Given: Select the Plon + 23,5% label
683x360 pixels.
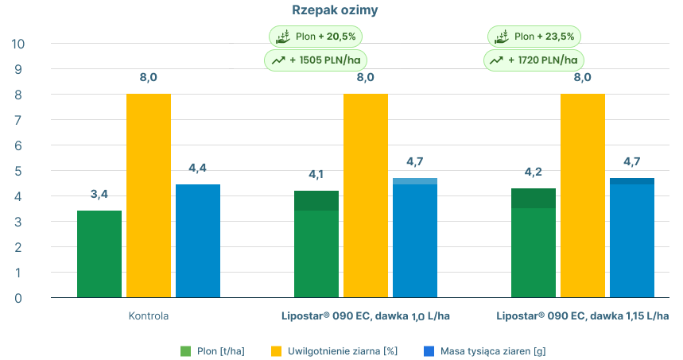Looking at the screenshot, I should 542,36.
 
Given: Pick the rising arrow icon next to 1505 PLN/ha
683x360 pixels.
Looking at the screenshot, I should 279,60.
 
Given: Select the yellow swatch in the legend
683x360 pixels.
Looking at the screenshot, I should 270,342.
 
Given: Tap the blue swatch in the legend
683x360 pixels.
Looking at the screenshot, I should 425,343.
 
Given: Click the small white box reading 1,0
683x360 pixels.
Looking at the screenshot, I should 418,317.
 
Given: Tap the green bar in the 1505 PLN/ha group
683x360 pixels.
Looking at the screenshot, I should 312,238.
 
